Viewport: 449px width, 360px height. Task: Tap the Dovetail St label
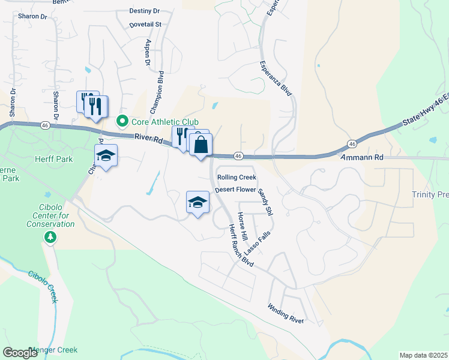(145, 25)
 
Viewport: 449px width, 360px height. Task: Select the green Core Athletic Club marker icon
(122, 121)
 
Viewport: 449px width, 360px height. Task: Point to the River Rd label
(148, 138)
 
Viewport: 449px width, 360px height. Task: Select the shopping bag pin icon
(201, 145)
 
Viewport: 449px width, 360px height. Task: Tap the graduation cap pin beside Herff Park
(106, 155)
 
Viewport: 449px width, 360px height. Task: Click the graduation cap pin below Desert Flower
(197, 202)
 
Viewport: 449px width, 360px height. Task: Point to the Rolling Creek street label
(237, 177)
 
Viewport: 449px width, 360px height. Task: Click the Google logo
(20, 353)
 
